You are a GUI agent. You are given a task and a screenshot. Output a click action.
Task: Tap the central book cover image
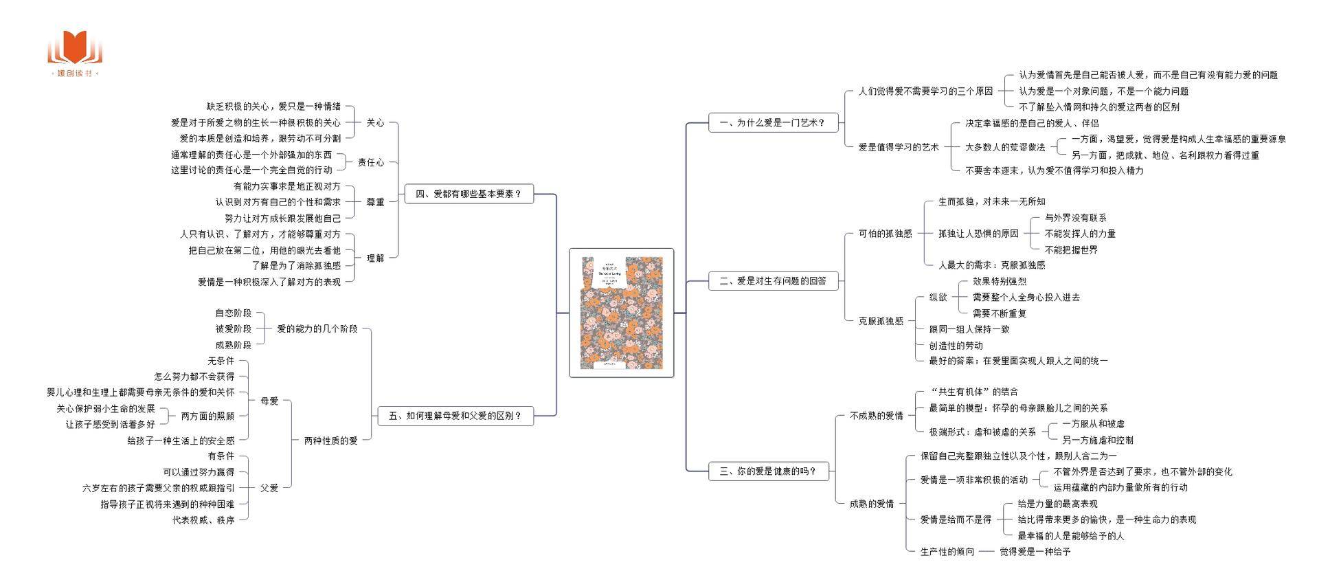(621, 313)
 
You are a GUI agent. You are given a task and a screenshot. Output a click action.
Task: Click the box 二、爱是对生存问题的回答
(773, 281)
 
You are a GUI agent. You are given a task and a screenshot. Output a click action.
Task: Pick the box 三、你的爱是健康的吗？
(768, 471)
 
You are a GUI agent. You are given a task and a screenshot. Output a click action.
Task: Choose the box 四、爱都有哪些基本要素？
(469, 194)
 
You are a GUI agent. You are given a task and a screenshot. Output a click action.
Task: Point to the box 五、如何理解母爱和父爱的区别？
(455, 416)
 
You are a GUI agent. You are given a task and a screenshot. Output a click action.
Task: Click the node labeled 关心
(375, 123)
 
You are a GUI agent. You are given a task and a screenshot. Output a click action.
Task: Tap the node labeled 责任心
(371, 162)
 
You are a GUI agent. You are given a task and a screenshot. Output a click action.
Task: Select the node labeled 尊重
(375, 202)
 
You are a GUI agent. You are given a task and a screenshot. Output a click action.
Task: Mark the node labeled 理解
(375, 258)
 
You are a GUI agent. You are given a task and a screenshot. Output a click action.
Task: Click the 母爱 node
(269, 401)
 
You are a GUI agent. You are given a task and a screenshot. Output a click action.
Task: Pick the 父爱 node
(269, 488)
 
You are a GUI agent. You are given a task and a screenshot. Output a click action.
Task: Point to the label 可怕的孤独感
(885, 234)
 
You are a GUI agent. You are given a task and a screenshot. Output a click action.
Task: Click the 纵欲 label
(938, 298)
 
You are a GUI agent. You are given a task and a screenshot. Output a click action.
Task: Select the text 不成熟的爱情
(876, 416)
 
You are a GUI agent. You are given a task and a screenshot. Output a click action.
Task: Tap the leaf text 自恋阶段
(233, 313)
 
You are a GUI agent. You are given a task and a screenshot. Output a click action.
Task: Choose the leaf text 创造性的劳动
(956, 346)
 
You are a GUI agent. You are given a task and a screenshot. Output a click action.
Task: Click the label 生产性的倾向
(947, 552)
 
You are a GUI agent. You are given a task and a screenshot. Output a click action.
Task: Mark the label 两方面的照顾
(207, 416)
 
